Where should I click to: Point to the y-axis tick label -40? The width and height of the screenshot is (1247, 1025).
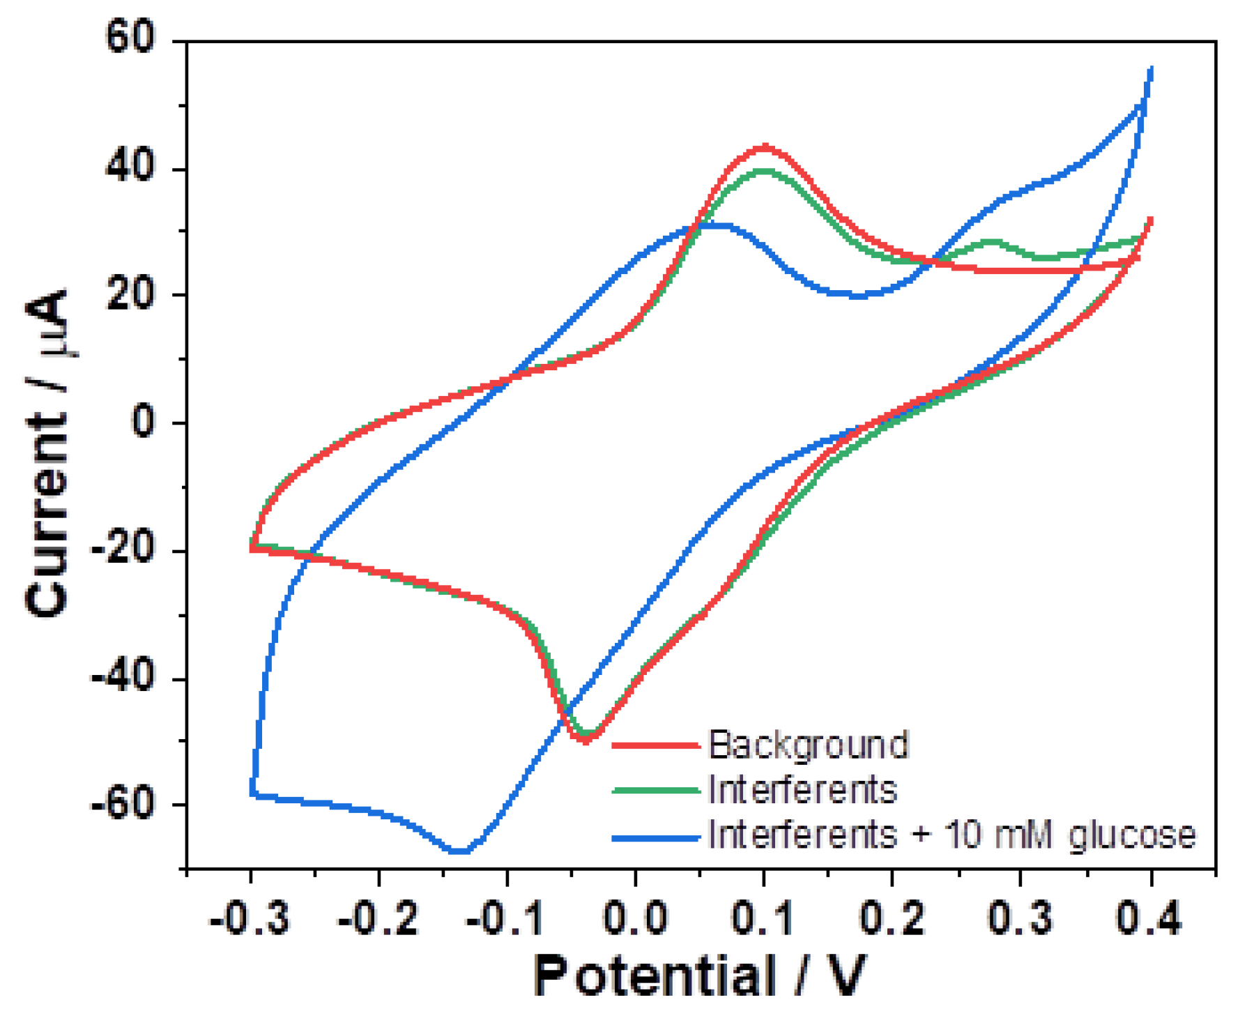point(123,678)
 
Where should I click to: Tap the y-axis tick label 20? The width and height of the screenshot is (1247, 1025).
point(130,295)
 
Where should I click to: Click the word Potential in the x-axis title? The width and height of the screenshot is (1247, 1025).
point(655,976)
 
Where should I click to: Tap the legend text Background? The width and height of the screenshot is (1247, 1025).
point(809,745)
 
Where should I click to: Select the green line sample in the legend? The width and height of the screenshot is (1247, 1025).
point(655,790)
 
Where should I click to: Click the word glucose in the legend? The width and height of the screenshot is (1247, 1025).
point(1132,835)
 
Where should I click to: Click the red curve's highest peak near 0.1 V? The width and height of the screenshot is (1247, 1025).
point(765,147)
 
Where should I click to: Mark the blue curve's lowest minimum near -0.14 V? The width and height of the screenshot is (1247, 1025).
point(459,851)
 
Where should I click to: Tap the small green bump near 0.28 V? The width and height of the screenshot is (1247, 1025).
point(991,243)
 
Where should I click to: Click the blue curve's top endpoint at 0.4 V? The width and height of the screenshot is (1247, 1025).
point(1151,69)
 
